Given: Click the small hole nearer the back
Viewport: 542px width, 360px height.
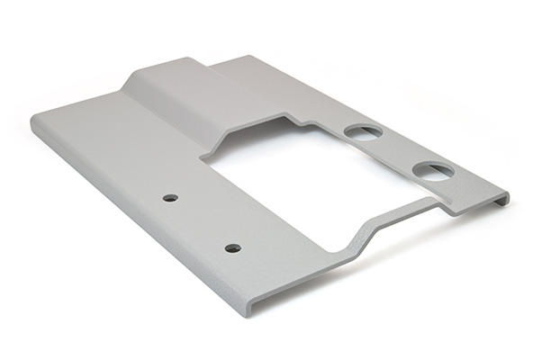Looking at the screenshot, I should pos(169,197).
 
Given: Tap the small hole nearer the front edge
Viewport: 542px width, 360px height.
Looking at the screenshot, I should pos(232,247).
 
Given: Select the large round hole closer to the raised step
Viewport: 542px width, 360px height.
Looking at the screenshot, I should pos(363,132).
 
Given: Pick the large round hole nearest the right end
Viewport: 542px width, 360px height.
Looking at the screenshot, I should pos(433,170).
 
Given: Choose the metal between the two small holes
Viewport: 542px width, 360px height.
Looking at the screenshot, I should pos(201,222).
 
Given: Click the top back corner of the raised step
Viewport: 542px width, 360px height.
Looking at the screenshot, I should pos(194,59).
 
